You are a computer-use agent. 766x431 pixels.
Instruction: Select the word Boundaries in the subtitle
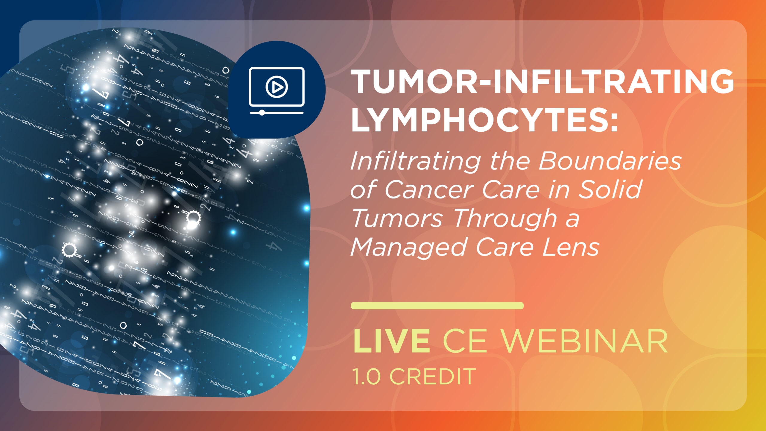click(x=610, y=161)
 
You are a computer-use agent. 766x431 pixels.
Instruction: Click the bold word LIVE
click(x=392, y=341)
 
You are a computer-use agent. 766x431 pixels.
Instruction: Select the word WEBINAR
click(x=585, y=341)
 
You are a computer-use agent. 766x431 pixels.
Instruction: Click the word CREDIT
click(x=433, y=377)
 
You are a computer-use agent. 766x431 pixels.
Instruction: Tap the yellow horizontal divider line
click(x=437, y=306)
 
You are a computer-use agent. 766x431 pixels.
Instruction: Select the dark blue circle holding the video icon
click(x=277, y=90)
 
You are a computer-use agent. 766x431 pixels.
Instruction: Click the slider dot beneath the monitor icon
click(x=262, y=113)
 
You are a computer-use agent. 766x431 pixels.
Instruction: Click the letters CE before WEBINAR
click(x=465, y=341)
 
